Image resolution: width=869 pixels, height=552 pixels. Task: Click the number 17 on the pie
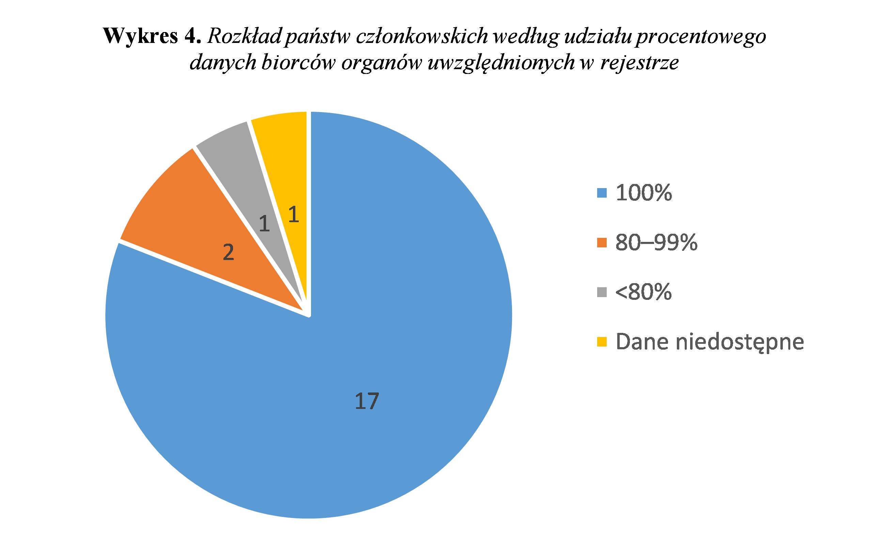pyautogui.click(x=366, y=401)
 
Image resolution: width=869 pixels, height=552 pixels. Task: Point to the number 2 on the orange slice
pyautogui.click(x=229, y=252)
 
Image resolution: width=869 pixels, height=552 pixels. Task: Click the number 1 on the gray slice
pyautogui.click(x=265, y=224)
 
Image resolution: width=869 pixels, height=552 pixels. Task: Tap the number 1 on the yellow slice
pyautogui.click(x=294, y=214)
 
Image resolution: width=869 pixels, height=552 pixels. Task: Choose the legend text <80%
pyautogui.click(x=643, y=292)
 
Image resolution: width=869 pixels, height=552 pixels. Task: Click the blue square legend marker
pyautogui.click(x=602, y=194)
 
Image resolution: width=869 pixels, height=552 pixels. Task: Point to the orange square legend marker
pyautogui.click(x=602, y=243)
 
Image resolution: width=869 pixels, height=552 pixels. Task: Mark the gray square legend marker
pyautogui.click(x=602, y=292)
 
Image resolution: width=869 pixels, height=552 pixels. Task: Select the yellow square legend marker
pyautogui.click(x=602, y=341)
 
